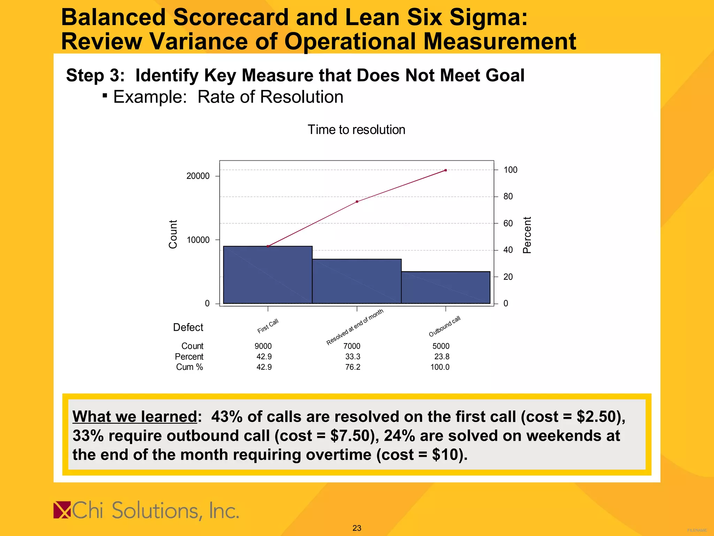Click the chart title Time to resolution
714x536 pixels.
tap(356, 130)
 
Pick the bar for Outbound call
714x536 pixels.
tap(446, 288)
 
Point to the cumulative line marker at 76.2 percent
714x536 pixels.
tap(357, 202)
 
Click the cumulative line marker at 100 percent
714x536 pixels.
tap(446, 170)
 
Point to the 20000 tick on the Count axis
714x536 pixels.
tap(198, 176)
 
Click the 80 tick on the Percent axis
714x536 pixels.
tap(508, 196)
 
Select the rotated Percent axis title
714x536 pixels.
tap(527, 235)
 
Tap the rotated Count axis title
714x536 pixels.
tap(173, 234)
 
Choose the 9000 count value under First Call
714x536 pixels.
tap(263, 346)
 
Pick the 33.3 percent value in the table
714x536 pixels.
tap(353, 357)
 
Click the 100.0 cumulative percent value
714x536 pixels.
tap(440, 367)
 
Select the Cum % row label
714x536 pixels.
tap(189, 367)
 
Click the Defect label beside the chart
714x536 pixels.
tap(188, 327)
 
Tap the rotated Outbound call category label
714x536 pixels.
tap(445, 327)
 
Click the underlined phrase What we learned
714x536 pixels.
tap(135, 416)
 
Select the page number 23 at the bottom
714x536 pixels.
tap(357, 528)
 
